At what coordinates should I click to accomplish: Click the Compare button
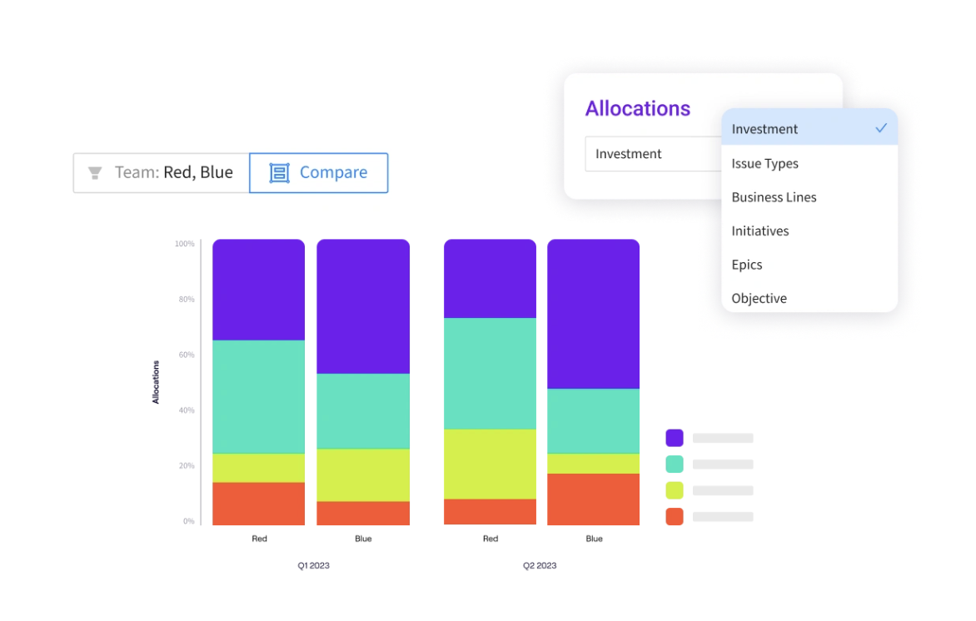pyautogui.click(x=318, y=173)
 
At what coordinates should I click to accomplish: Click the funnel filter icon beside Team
pyautogui.click(x=95, y=173)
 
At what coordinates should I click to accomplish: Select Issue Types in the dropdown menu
pyautogui.click(x=764, y=164)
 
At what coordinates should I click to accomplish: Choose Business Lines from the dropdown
pyautogui.click(x=774, y=197)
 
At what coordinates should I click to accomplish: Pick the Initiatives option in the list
pyautogui.click(x=759, y=231)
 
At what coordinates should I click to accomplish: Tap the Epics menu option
pyautogui.click(x=747, y=265)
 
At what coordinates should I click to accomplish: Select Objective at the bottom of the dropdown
pyautogui.click(x=759, y=298)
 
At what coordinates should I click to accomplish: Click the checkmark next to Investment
pyautogui.click(x=880, y=128)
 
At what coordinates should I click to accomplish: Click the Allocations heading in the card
pyautogui.click(x=637, y=109)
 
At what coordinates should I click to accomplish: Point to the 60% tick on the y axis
pyautogui.click(x=186, y=355)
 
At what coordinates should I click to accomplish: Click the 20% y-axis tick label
pyautogui.click(x=186, y=466)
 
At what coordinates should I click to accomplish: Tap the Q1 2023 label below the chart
pyautogui.click(x=314, y=566)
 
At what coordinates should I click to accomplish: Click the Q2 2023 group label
pyautogui.click(x=540, y=566)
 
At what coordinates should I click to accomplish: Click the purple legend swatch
pyautogui.click(x=675, y=438)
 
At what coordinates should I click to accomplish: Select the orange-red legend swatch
pyautogui.click(x=675, y=516)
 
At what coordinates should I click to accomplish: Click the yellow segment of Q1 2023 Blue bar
pyautogui.click(x=363, y=474)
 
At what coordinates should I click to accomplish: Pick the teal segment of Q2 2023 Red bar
pyautogui.click(x=490, y=373)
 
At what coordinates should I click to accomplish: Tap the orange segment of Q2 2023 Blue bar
pyautogui.click(x=593, y=499)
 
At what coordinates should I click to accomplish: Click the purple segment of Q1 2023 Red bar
pyautogui.click(x=258, y=290)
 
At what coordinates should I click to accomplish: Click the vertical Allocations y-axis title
pyautogui.click(x=156, y=382)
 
